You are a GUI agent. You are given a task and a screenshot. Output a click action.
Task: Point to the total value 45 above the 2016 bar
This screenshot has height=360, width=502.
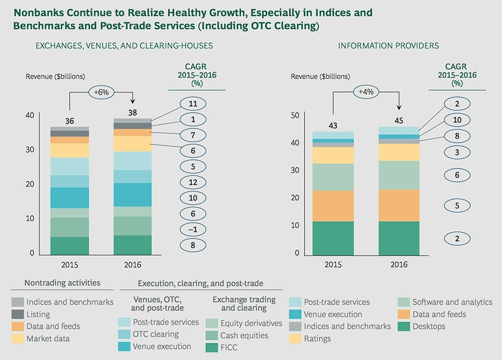(x=398, y=120)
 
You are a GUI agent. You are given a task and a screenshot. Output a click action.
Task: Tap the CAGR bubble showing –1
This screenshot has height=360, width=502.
(x=192, y=230)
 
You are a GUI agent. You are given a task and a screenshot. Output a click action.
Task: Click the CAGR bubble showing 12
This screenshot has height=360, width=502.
(x=192, y=182)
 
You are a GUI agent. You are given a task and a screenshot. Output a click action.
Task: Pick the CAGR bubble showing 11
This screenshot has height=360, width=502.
(x=192, y=104)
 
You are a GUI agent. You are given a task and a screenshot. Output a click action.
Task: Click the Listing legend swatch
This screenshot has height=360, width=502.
(x=17, y=314)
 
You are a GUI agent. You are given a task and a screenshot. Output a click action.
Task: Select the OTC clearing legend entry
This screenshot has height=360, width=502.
(x=156, y=334)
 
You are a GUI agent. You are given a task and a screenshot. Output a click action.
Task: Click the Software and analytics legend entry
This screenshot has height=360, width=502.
(x=452, y=302)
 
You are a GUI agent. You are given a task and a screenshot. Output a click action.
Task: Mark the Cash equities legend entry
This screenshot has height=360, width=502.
(x=244, y=335)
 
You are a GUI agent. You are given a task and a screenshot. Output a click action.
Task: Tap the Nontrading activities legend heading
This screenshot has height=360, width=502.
(x=62, y=283)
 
